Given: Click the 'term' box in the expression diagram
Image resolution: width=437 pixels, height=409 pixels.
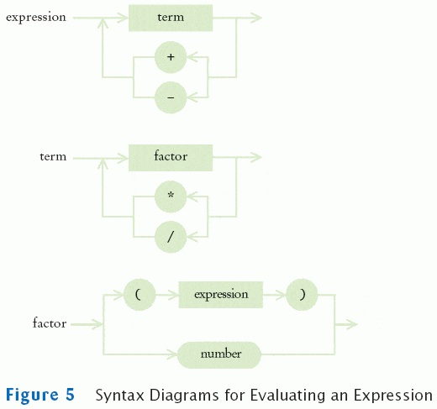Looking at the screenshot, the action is pos(171,18).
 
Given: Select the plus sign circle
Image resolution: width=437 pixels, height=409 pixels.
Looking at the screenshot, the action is pos(171,57).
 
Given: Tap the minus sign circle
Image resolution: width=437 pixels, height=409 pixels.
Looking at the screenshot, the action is pos(171,97).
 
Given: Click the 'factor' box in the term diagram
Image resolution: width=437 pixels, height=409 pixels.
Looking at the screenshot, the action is pos(171,158).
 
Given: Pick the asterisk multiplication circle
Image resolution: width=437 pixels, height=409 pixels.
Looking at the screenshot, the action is pos(171,197).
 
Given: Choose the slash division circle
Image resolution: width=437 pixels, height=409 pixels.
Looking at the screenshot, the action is pos(171,237).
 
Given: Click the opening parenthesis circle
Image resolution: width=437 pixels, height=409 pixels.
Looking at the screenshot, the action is pos(140,295).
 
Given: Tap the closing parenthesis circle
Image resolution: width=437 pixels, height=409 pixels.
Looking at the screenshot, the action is pos(302,295).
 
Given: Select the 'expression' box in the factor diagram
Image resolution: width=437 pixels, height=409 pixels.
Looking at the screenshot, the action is pos(221,295).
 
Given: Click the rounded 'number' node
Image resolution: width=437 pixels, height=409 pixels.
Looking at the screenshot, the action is pos(219,354).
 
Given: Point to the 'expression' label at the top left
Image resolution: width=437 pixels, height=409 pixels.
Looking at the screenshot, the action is pos(36,18).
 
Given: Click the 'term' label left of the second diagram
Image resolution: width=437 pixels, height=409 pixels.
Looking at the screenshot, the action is pos(53,156).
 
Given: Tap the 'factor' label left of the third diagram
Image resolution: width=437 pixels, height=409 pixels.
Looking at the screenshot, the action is pos(50,322).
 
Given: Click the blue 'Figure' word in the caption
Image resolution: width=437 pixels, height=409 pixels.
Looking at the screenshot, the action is pos(32,396).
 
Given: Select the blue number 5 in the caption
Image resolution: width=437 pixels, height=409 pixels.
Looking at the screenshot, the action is pos(70,395).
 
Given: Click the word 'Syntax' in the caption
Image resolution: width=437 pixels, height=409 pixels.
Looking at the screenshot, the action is pos(120,396).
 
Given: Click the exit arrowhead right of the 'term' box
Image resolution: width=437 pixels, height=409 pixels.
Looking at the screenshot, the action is pos(256,18).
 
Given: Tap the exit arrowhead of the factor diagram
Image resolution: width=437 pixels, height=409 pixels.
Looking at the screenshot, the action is pos(352,324).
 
